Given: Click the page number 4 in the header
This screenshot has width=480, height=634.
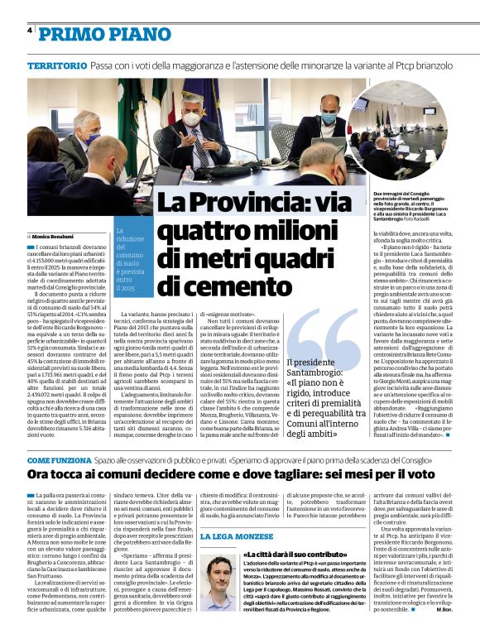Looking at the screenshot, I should [29, 31].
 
